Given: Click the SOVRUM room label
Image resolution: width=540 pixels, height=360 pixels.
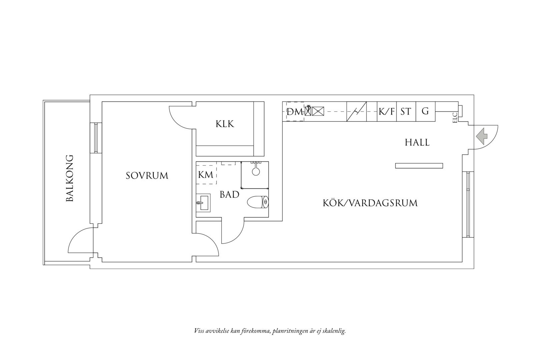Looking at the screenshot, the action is pos(147,176).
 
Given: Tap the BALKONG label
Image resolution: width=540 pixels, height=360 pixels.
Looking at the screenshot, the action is pos(69,178).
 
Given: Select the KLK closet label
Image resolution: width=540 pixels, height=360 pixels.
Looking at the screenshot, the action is pos(225,124).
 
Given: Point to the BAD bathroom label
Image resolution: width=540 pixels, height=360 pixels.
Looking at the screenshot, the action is pos(229,194).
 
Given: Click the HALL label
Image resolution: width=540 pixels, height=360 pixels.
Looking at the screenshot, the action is pos(417,143).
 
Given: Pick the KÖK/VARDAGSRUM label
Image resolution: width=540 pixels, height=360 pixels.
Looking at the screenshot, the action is pos(370,203).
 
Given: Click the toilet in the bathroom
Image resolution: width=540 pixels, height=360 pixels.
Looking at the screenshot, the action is pos(258,202).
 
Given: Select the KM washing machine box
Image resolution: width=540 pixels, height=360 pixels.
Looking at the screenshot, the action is pos(206,175).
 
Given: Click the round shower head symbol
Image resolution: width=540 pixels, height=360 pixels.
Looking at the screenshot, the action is pos(256,171).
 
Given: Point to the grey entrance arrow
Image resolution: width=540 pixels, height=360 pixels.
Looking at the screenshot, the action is pos(482,136).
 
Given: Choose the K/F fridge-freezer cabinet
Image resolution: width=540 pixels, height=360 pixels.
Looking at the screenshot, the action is pos(387,111).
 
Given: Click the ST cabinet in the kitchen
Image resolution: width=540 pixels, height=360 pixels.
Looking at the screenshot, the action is pos(406,111).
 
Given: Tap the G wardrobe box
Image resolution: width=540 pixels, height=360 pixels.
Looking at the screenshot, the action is pos(425,111).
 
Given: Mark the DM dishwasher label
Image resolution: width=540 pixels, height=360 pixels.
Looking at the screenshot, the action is pos(295,112).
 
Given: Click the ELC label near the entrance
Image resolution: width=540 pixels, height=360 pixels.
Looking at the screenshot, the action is pos(455,118).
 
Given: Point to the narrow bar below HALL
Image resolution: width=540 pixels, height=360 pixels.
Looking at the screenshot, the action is pos(419,166).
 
